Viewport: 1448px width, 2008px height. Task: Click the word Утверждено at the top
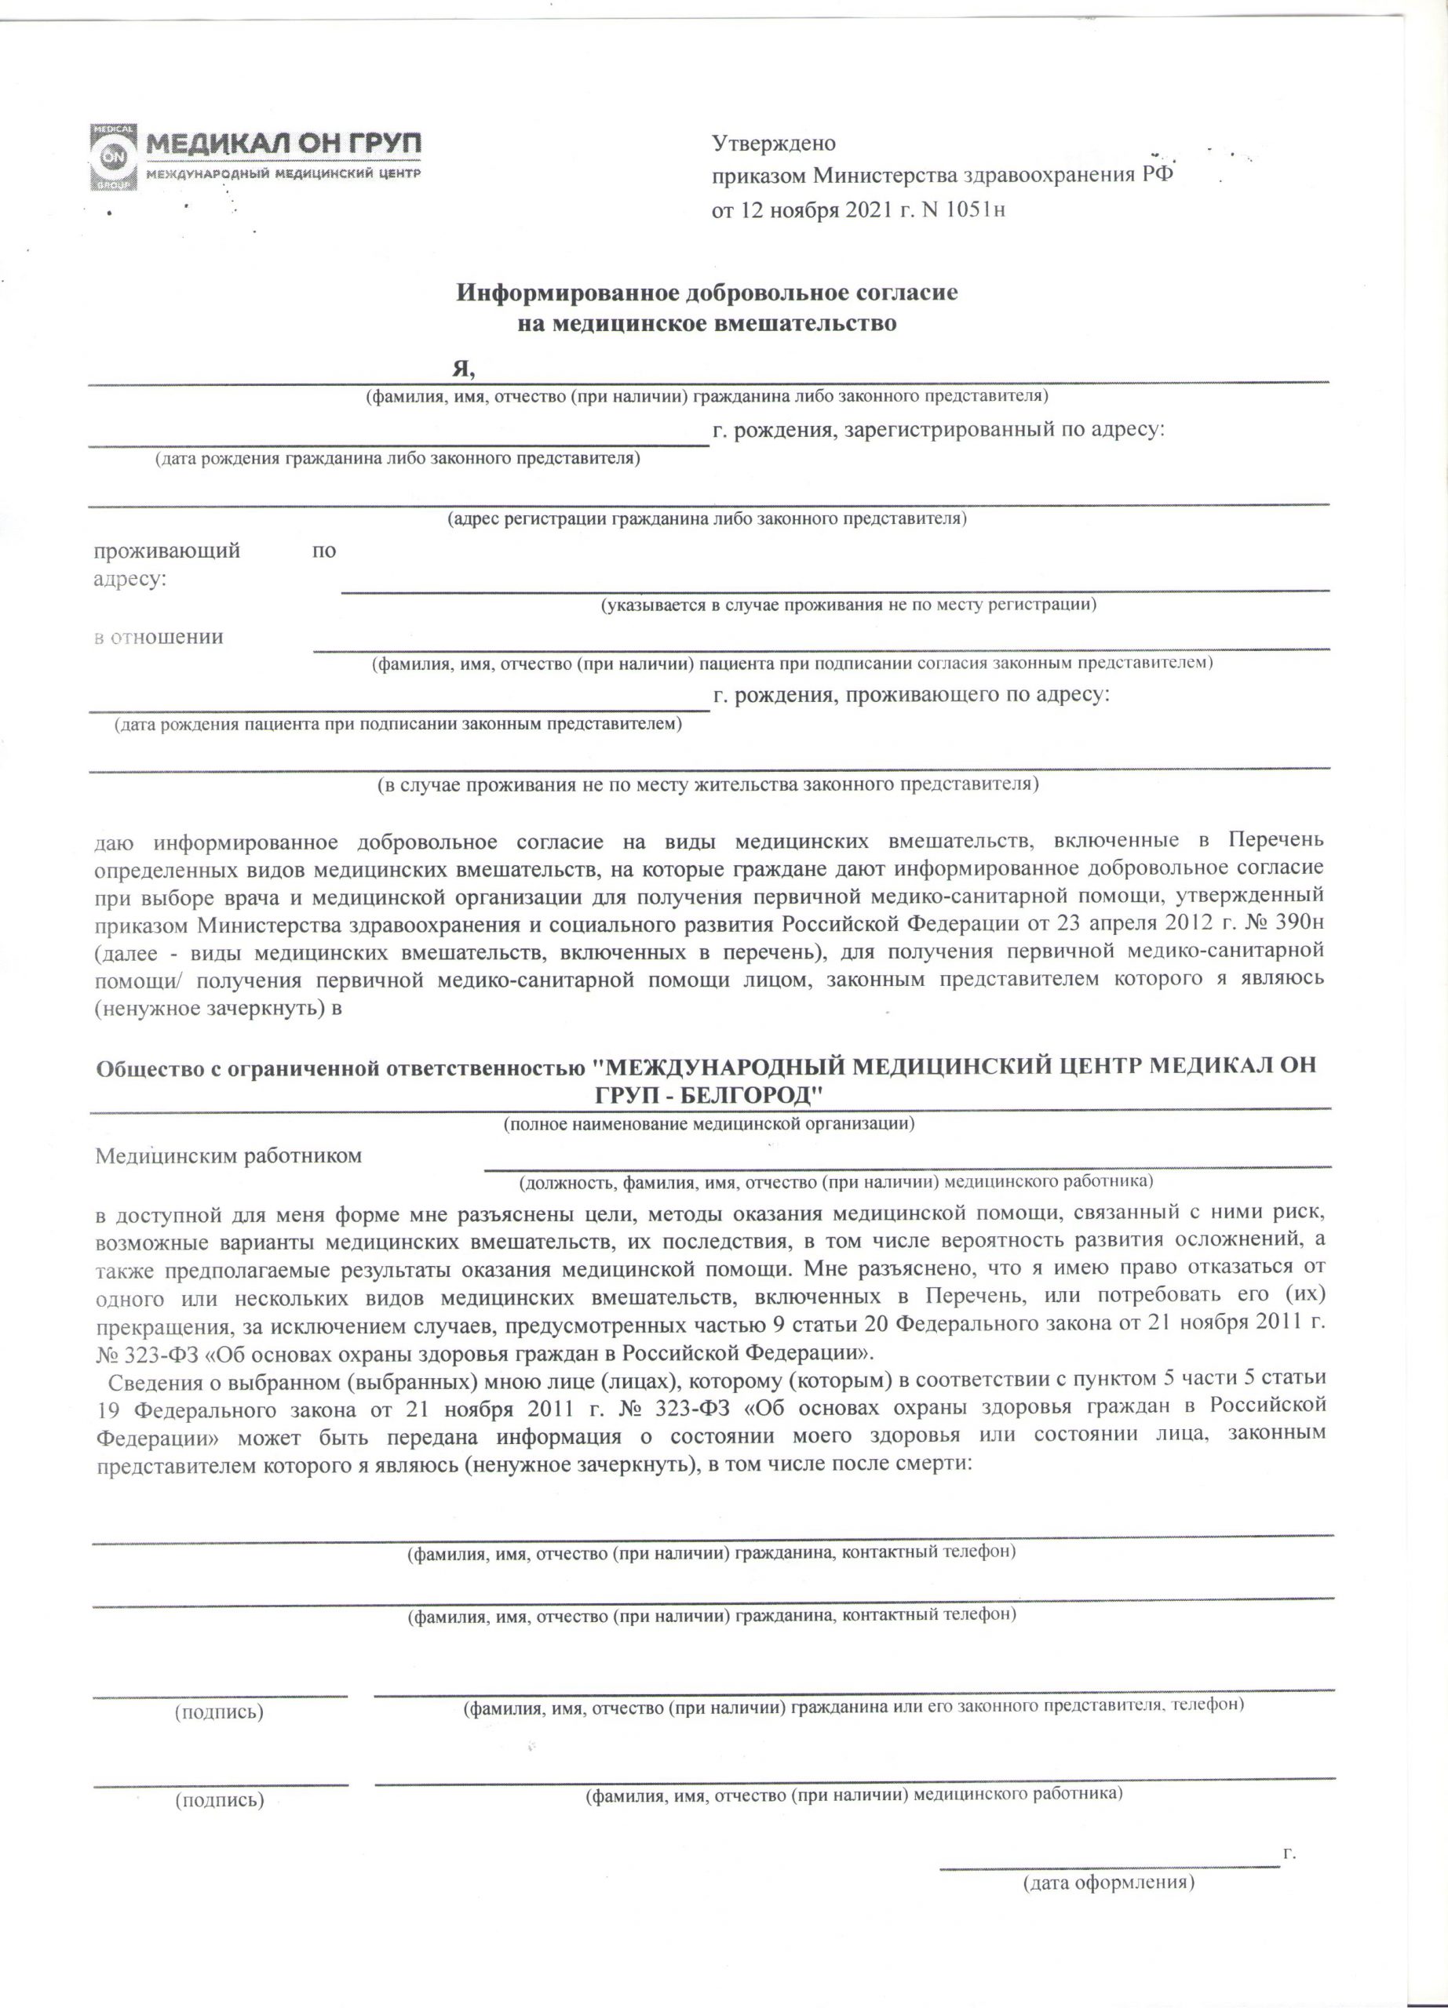pyautogui.click(x=774, y=144)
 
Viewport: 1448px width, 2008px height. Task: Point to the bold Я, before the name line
pyautogui.click(x=464, y=369)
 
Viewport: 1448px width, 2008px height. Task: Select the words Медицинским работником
pyautogui.click(x=228, y=1156)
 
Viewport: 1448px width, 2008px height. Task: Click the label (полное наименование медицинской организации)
pyautogui.click(x=709, y=1125)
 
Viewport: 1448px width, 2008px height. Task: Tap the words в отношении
pyautogui.click(x=159, y=637)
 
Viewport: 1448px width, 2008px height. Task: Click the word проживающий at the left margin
pyautogui.click(x=167, y=551)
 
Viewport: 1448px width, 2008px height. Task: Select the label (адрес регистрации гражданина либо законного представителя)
pyautogui.click(x=706, y=518)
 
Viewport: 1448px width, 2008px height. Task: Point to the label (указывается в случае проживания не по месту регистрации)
pyautogui.click(x=848, y=606)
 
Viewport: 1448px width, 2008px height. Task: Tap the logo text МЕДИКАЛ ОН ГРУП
pyautogui.click(x=283, y=144)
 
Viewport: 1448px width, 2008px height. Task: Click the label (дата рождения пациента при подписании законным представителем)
pyautogui.click(x=398, y=724)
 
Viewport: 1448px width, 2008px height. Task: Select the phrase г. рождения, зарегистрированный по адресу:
pyautogui.click(x=939, y=431)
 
